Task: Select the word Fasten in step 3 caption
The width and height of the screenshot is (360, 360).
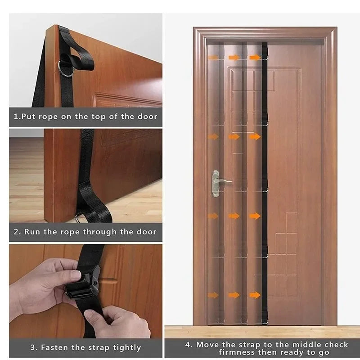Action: [55, 347]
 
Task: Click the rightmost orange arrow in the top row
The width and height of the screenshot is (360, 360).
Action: [255, 58]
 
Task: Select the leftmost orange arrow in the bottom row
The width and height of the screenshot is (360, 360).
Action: [213, 295]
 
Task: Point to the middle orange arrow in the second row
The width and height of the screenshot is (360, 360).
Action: [234, 136]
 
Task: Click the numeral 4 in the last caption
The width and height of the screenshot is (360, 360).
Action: [189, 345]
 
